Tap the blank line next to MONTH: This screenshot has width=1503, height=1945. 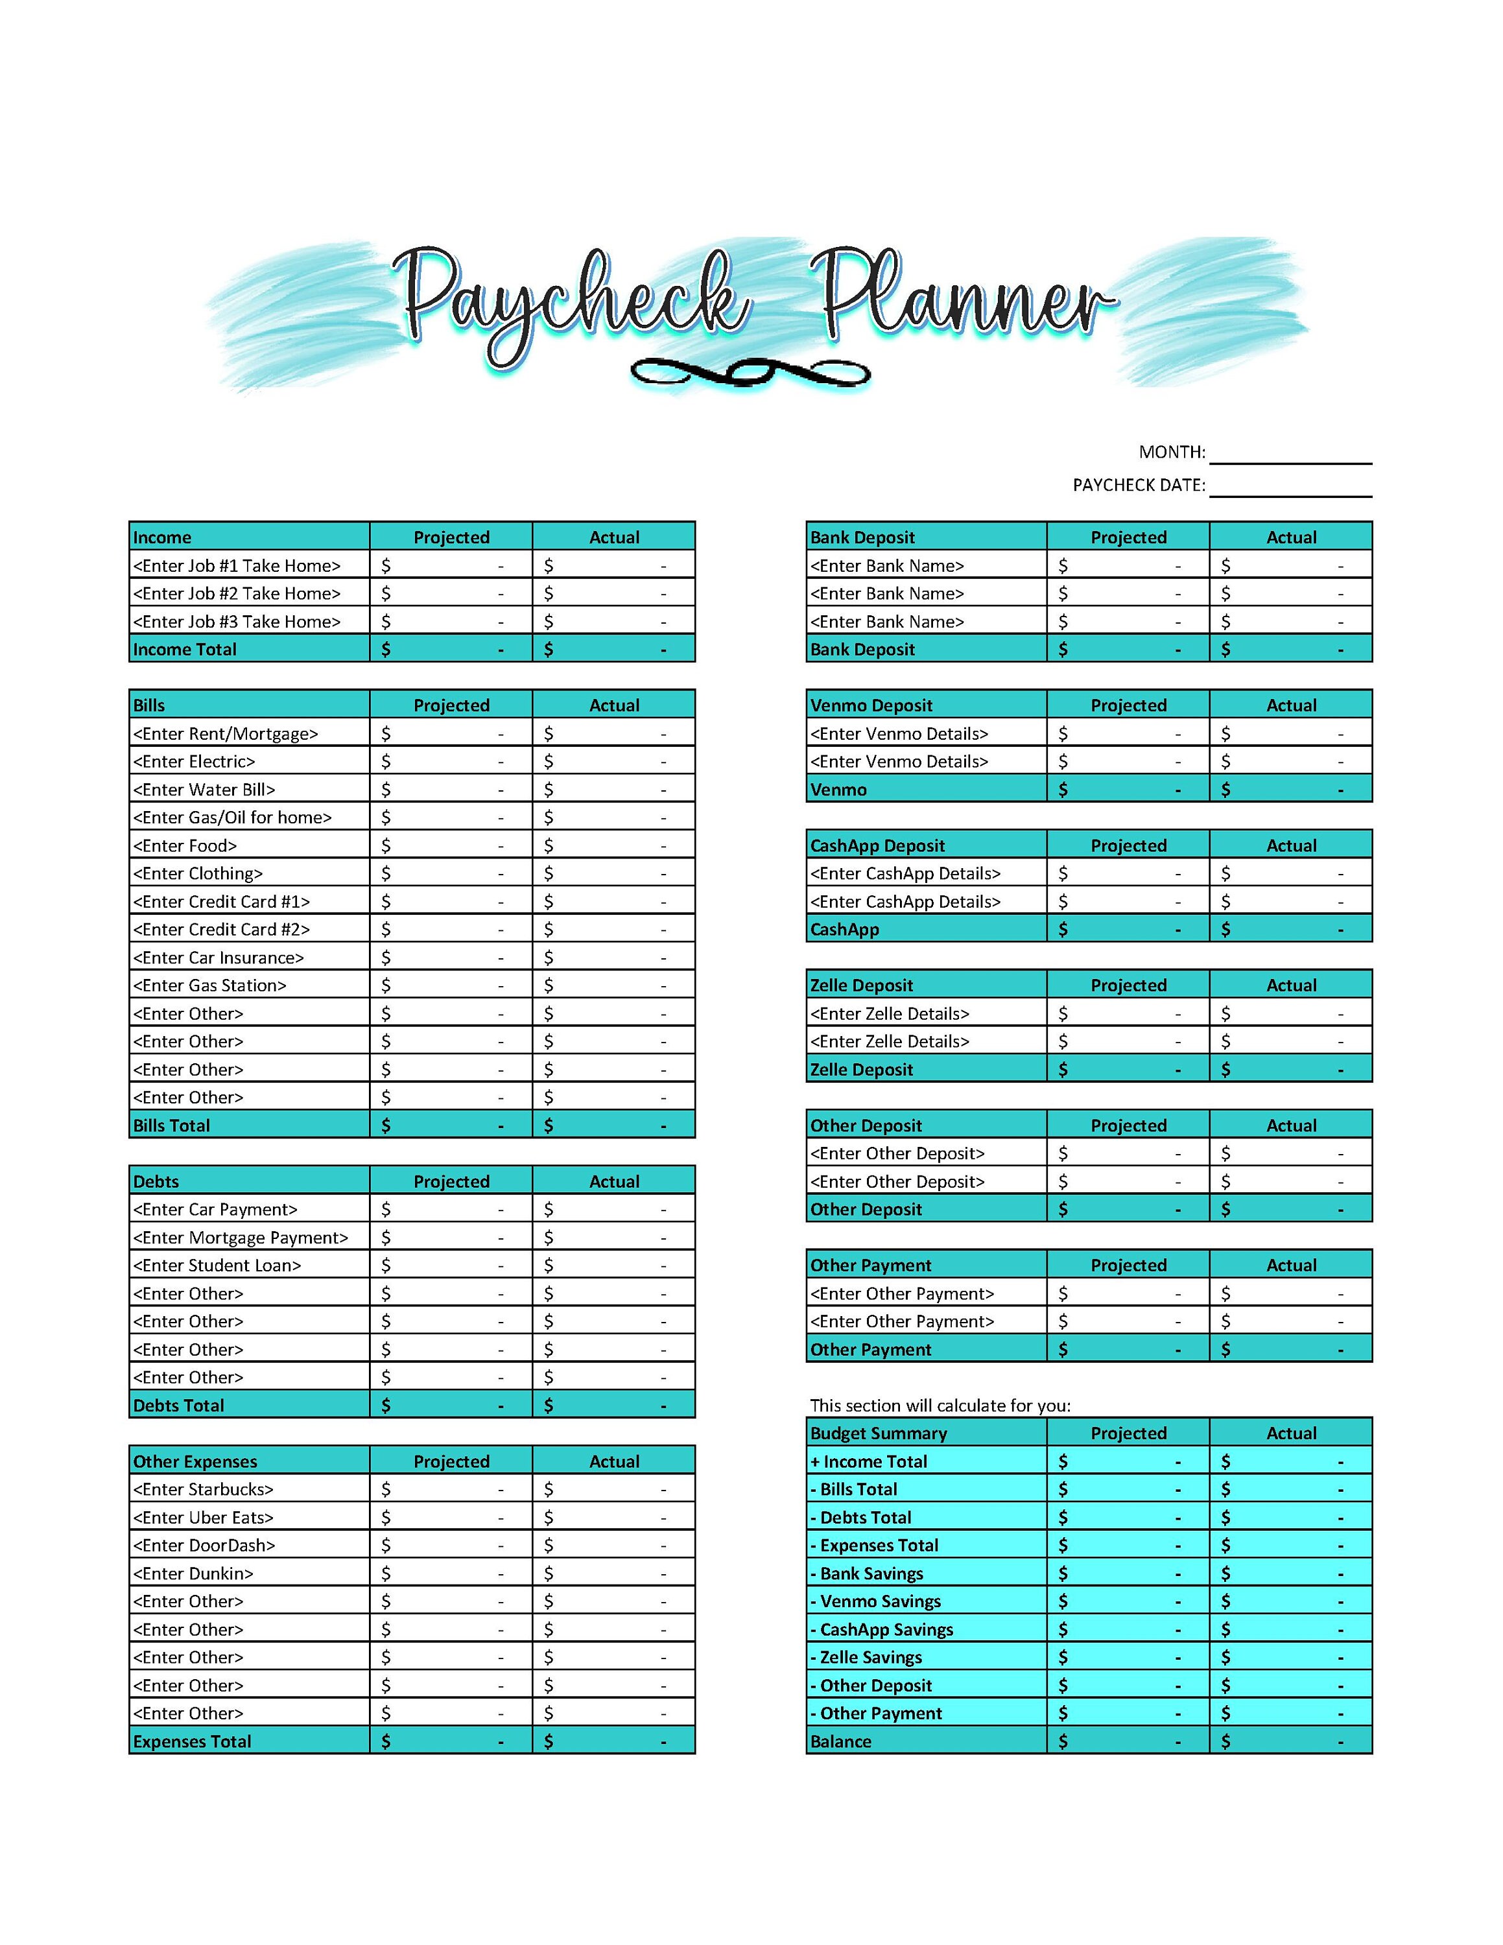point(1290,454)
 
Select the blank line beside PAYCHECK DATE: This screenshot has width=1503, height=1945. point(1290,487)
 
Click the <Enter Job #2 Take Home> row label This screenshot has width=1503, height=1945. point(237,593)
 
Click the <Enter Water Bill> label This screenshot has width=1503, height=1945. point(204,789)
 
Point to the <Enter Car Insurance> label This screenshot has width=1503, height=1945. point(218,958)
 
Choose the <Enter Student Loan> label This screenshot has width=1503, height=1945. point(217,1266)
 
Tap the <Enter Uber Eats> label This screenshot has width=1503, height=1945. point(203,1518)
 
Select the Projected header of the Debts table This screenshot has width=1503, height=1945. point(451,1182)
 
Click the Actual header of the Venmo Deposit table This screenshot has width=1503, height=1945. point(1291,705)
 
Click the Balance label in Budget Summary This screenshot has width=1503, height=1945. point(840,1741)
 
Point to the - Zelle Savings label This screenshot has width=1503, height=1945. point(866,1657)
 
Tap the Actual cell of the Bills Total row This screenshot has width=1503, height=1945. point(613,1126)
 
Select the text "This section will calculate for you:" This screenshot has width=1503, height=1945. point(940,1406)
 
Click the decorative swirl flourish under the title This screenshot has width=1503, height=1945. point(750,371)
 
